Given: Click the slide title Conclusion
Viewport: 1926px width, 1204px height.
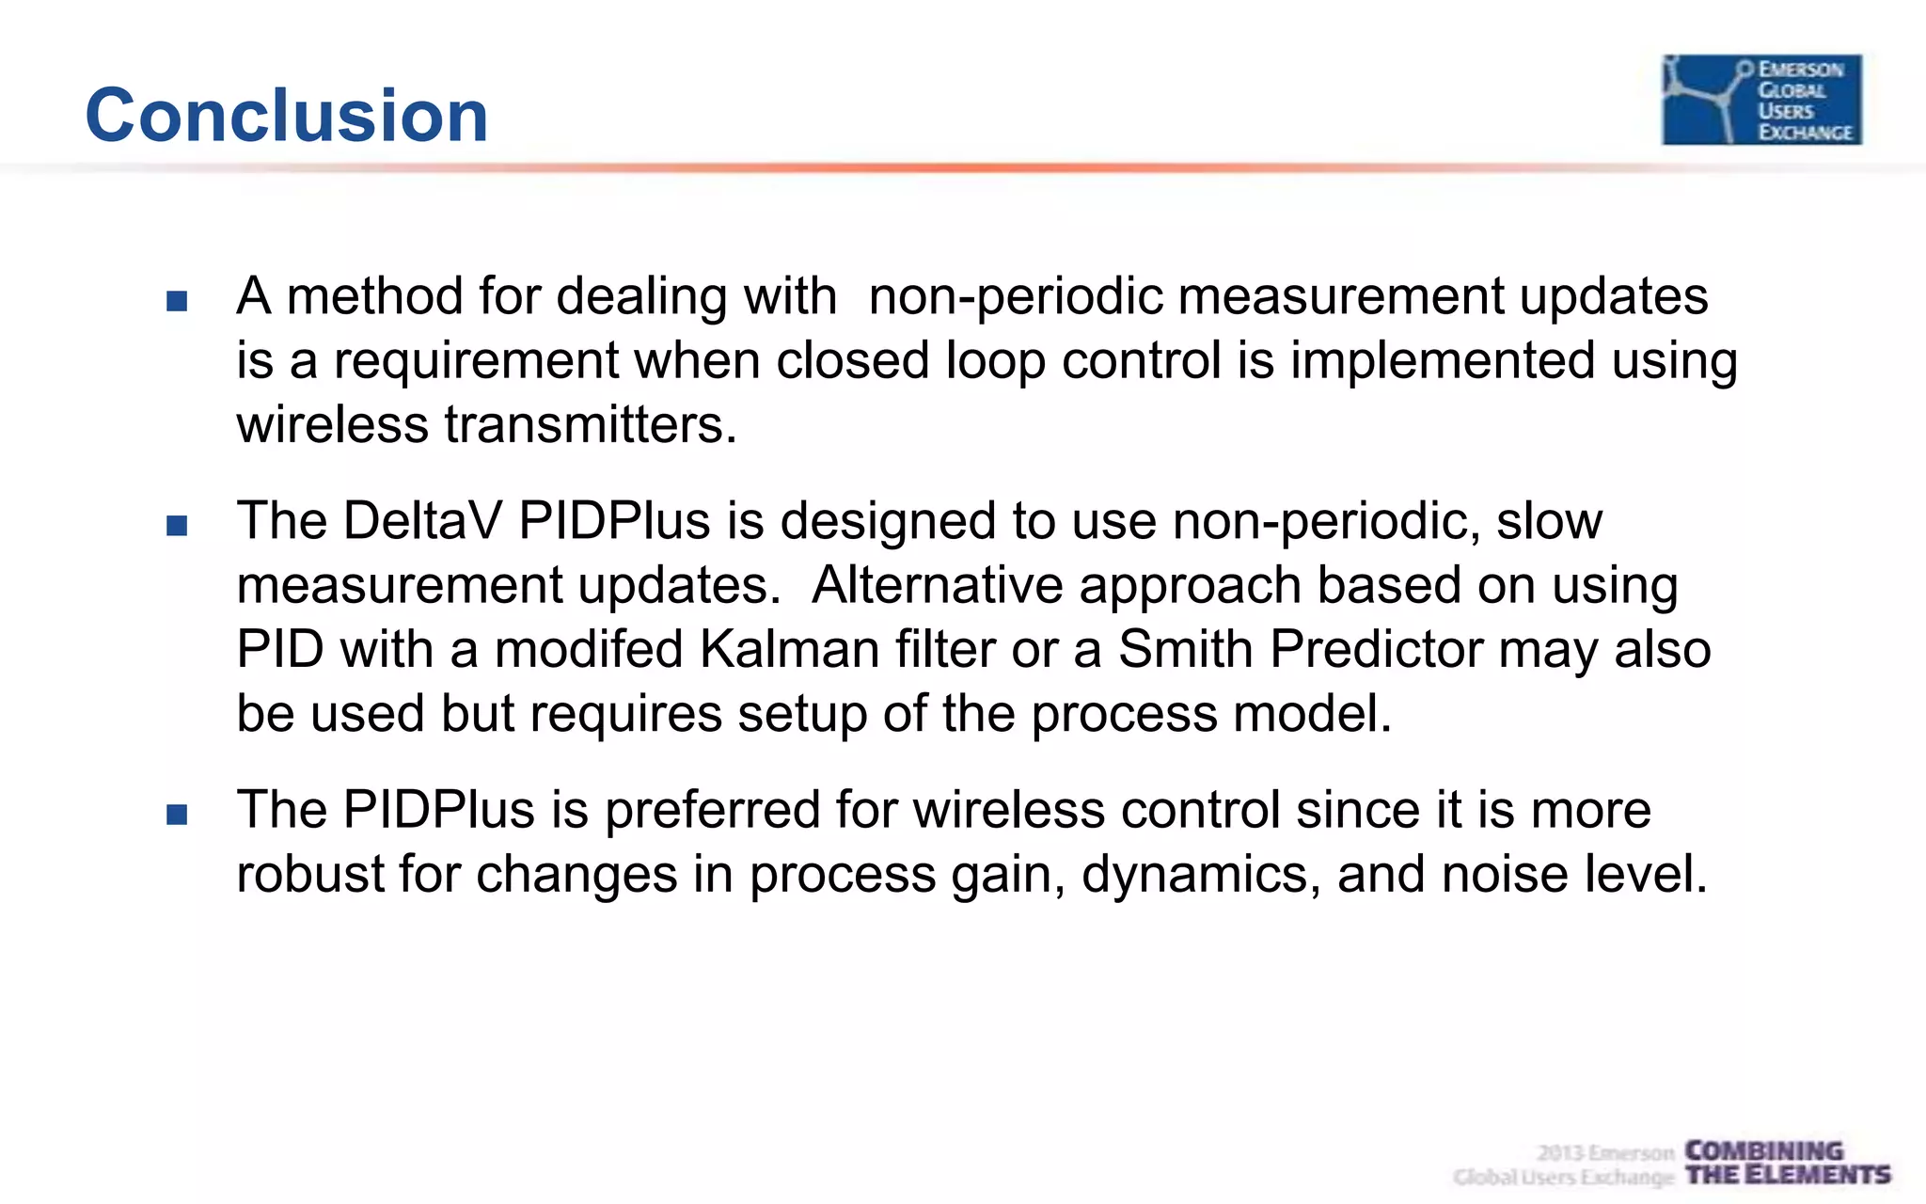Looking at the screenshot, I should (x=286, y=115).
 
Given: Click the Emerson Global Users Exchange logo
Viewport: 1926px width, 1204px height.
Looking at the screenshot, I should (x=1760, y=99).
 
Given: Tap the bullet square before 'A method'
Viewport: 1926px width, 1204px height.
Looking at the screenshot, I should (x=177, y=301).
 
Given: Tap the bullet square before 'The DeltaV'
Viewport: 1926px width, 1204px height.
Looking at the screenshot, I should (x=177, y=525).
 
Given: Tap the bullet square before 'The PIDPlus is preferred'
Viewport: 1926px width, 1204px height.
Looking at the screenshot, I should (x=177, y=814).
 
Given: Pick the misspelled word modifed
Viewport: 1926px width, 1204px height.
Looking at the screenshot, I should (x=589, y=649).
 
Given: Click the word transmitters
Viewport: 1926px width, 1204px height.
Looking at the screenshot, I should (x=590, y=424).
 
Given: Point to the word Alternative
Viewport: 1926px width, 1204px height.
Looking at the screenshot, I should (x=937, y=585).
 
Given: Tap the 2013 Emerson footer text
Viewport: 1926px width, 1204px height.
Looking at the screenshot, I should (x=1605, y=1152).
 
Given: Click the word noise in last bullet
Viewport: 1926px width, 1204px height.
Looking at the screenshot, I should (x=1505, y=874).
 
